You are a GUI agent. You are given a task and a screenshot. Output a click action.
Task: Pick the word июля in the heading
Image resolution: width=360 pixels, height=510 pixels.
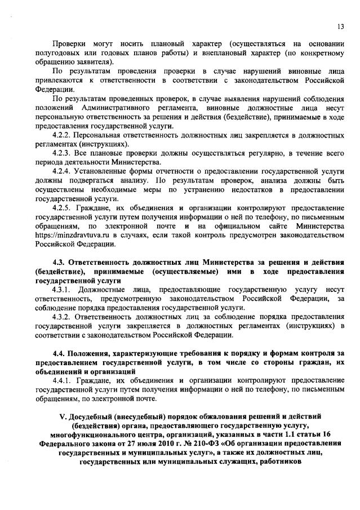[x=141, y=443]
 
